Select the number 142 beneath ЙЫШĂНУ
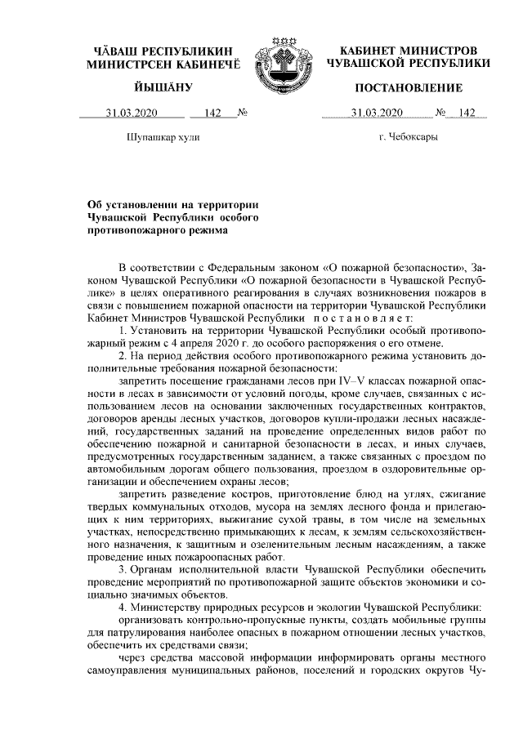[x=214, y=113]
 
